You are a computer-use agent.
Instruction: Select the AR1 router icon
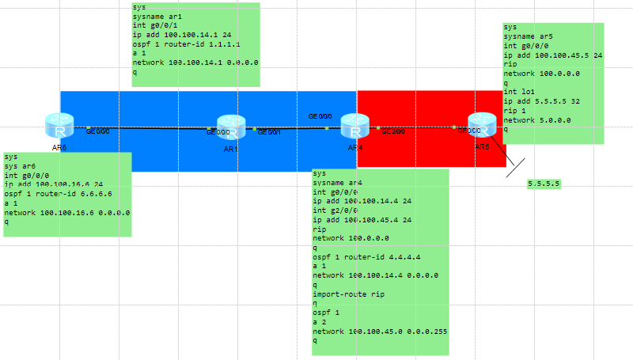tap(230, 127)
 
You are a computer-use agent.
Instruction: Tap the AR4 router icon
tap(355, 126)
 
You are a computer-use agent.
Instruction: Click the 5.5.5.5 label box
tap(544, 184)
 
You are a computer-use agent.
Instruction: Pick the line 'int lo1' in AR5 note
tap(519, 92)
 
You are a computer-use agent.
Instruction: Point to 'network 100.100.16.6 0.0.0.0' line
tap(67, 212)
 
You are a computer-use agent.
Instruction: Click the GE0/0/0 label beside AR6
tap(97, 131)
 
